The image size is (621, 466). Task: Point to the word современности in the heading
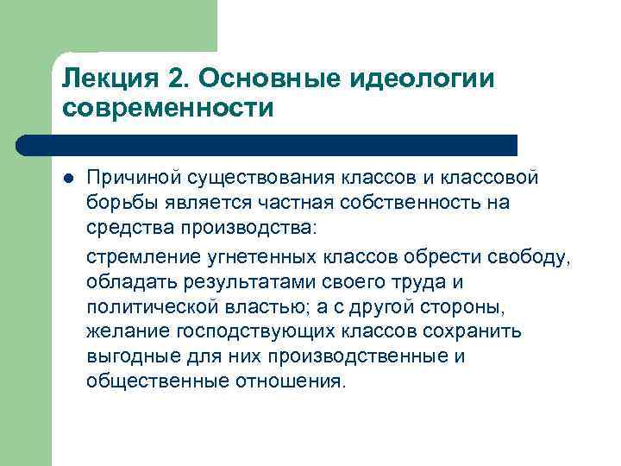[x=168, y=110]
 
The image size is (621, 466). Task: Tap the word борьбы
[x=116, y=203]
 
